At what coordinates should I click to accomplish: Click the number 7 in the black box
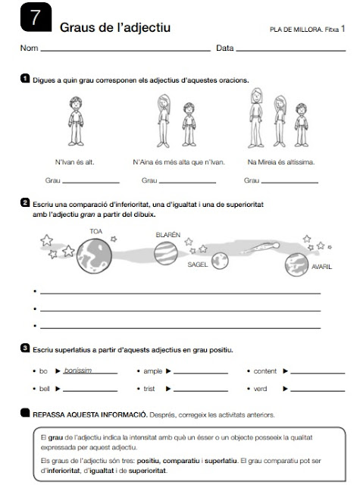[x=36, y=17]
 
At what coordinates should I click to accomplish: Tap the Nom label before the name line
[x=29, y=48]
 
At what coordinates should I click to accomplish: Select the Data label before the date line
[x=225, y=48]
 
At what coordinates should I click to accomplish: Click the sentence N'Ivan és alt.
[x=74, y=161]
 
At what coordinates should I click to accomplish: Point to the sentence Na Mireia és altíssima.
[x=281, y=161]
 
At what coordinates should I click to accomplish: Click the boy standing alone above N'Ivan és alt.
[x=76, y=121]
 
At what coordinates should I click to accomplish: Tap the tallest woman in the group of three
[x=256, y=117]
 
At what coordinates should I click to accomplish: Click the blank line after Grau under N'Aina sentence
[x=187, y=183]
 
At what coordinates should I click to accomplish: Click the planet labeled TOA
[x=94, y=256]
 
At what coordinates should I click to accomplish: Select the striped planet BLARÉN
[x=166, y=253]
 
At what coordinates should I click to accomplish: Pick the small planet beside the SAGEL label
[x=220, y=261]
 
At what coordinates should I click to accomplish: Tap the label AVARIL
[x=321, y=267]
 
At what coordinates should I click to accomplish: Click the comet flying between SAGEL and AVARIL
[x=261, y=248]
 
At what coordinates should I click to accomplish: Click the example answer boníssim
[x=78, y=371]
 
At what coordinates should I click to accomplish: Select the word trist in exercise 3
[x=149, y=389]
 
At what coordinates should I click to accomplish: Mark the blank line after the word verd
[x=318, y=391]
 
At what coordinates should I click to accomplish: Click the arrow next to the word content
[x=285, y=371]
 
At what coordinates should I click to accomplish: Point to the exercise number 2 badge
[x=25, y=202]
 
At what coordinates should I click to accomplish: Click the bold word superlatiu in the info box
[x=221, y=461]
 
